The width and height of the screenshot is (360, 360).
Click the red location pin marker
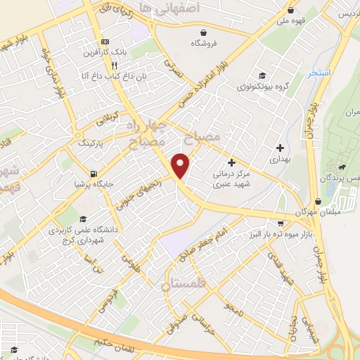181,165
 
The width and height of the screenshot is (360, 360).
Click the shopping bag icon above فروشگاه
204,32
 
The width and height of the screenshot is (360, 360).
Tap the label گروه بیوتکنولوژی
262,87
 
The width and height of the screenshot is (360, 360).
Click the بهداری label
281,160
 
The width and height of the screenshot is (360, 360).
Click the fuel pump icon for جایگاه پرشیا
94,174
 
